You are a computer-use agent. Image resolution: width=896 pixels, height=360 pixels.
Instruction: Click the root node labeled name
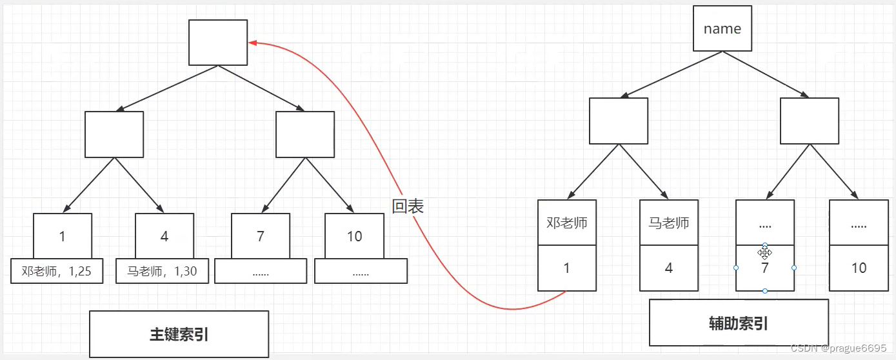point(722,28)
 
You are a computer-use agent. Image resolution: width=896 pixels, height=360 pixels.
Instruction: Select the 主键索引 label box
point(179,334)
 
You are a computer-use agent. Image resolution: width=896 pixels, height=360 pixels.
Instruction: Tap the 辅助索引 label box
point(738,323)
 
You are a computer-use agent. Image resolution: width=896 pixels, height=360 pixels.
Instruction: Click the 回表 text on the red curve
point(408,206)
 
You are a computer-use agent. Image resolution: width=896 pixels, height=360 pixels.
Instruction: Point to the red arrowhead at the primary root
point(253,43)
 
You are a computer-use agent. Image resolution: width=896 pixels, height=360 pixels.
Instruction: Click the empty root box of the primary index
point(218,43)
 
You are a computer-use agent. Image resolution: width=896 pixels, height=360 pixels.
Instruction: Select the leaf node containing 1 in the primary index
point(62,236)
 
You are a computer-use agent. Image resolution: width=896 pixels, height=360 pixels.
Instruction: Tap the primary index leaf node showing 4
point(164,236)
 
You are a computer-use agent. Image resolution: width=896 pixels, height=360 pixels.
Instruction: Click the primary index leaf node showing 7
point(260,236)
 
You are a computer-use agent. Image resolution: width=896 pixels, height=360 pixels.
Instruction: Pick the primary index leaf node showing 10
point(354,236)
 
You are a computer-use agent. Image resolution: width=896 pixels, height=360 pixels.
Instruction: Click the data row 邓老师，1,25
point(57,272)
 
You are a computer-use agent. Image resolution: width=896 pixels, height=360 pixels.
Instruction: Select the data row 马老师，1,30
point(163,272)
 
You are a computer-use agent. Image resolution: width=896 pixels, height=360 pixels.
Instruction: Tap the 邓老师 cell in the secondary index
point(566,223)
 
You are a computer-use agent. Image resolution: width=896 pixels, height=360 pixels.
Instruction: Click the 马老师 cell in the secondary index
point(668,223)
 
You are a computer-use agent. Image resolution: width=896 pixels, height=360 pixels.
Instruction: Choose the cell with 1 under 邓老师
point(566,268)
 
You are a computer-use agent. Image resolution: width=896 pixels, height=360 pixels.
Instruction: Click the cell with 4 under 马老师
point(668,268)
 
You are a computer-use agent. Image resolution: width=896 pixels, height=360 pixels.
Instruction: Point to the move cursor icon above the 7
point(765,253)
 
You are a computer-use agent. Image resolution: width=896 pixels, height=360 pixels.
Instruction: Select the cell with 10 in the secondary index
point(858,268)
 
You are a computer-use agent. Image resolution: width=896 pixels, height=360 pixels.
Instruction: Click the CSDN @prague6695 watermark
point(839,348)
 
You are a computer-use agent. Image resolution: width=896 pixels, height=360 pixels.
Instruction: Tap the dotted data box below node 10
point(361,272)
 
